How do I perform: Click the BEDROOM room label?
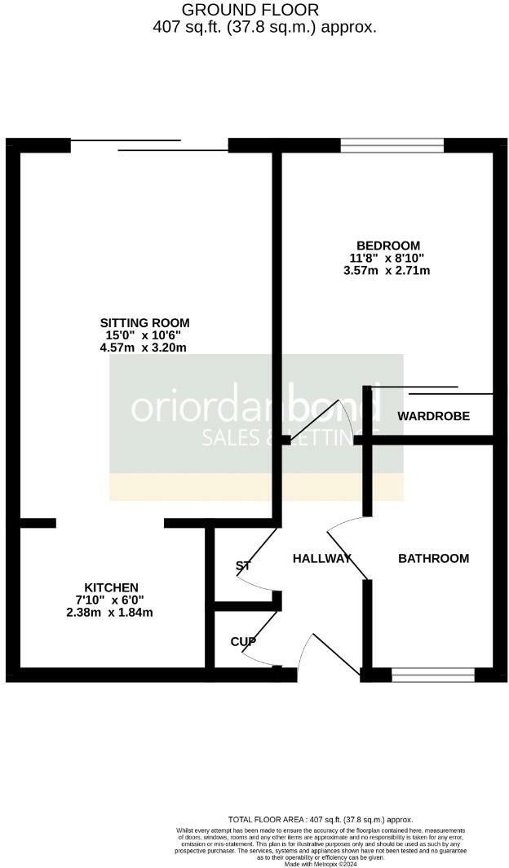(387, 246)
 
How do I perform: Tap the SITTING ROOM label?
(143, 321)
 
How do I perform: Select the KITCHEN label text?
(111, 587)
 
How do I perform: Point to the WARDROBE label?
(433, 416)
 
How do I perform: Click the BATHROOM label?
(433, 559)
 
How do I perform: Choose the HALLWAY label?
(321, 559)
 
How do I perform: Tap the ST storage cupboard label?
(242, 565)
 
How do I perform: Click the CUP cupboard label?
(242, 642)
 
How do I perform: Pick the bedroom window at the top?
(392, 145)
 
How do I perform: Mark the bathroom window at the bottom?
(432, 675)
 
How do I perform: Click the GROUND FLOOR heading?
(250, 10)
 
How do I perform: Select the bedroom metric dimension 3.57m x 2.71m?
(387, 271)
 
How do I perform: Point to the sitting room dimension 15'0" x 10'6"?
(143, 334)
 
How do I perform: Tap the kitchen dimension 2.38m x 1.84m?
(111, 612)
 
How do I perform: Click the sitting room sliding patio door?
(149, 145)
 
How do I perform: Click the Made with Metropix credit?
(321, 863)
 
